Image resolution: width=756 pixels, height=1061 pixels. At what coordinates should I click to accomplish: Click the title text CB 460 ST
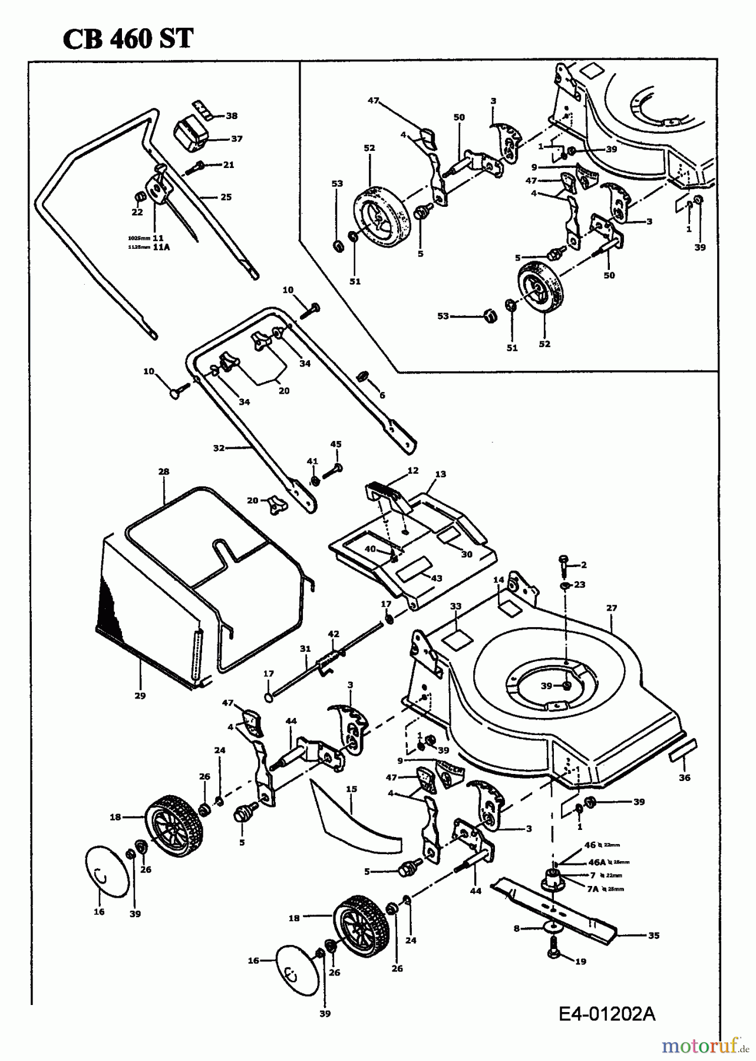tap(127, 39)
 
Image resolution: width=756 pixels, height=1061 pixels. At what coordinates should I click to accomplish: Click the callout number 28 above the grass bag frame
tap(164, 472)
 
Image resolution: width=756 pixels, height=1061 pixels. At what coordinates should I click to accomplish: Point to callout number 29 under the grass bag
tap(140, 696)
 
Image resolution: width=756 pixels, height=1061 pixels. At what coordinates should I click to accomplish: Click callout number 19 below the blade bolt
tap(580, 961)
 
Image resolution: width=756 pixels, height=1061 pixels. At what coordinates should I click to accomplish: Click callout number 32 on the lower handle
tap(219, 448)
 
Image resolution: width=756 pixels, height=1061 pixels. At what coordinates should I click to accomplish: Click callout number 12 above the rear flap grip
tap(412, 470)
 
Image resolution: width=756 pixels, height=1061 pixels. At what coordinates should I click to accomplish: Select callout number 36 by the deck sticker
tap(684, 777)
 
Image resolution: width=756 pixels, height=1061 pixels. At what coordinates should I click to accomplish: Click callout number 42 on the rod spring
tap(334, 634)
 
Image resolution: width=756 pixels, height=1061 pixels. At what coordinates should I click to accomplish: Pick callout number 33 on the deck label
tap(455, 606)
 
